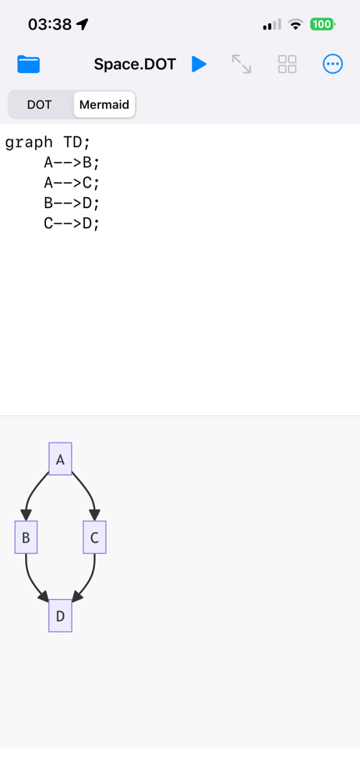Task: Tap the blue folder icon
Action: coord(28,64)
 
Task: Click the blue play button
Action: coord(199,64)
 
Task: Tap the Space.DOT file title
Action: coord(135,64)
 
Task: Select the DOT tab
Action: coord(39,105)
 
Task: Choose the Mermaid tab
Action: coord(104,105)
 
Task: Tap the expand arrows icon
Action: coord(242,64)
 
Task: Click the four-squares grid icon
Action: coord(287,64)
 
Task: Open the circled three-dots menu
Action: coord(333,64)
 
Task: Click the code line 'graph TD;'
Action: coord(48,143)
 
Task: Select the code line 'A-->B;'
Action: coord(72,163)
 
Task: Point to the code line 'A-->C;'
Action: coord(72,183)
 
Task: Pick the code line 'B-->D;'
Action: coord(72,203)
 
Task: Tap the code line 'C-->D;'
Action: coord(72,224)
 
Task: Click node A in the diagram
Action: coord(60,459)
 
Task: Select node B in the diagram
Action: coord(26,537)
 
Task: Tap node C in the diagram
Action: coord(94,537)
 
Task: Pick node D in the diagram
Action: coord(60,615)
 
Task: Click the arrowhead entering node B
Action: coord(26,515)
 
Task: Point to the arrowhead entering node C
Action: coord(94,515)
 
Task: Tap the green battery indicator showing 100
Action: coord(323,24)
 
